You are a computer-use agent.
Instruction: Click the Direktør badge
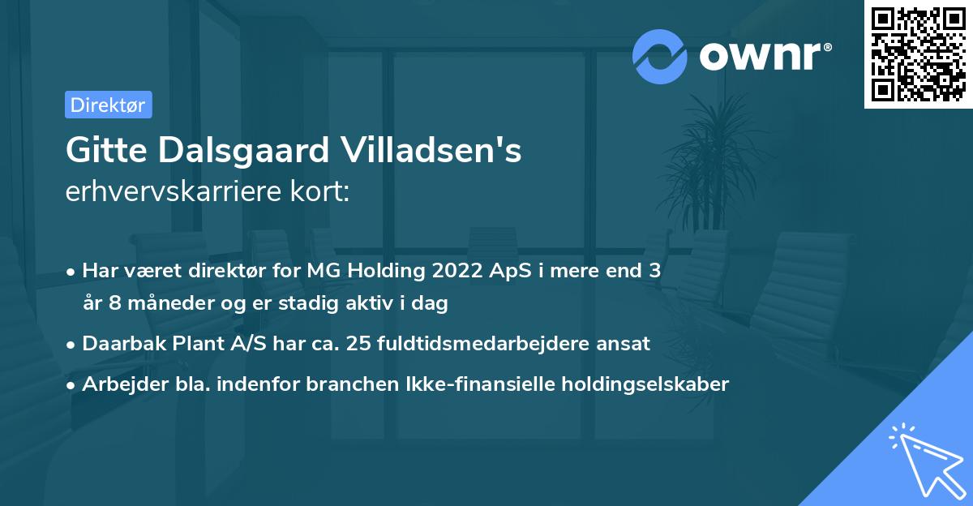pyautogui.click(x=108, y=105)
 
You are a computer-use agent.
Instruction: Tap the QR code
pyautogui.click(x=918, y=54)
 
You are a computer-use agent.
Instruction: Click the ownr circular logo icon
pyautogui.click(x=660, y=56)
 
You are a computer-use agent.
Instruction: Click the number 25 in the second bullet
pyautogui.click(x=357, y=344)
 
